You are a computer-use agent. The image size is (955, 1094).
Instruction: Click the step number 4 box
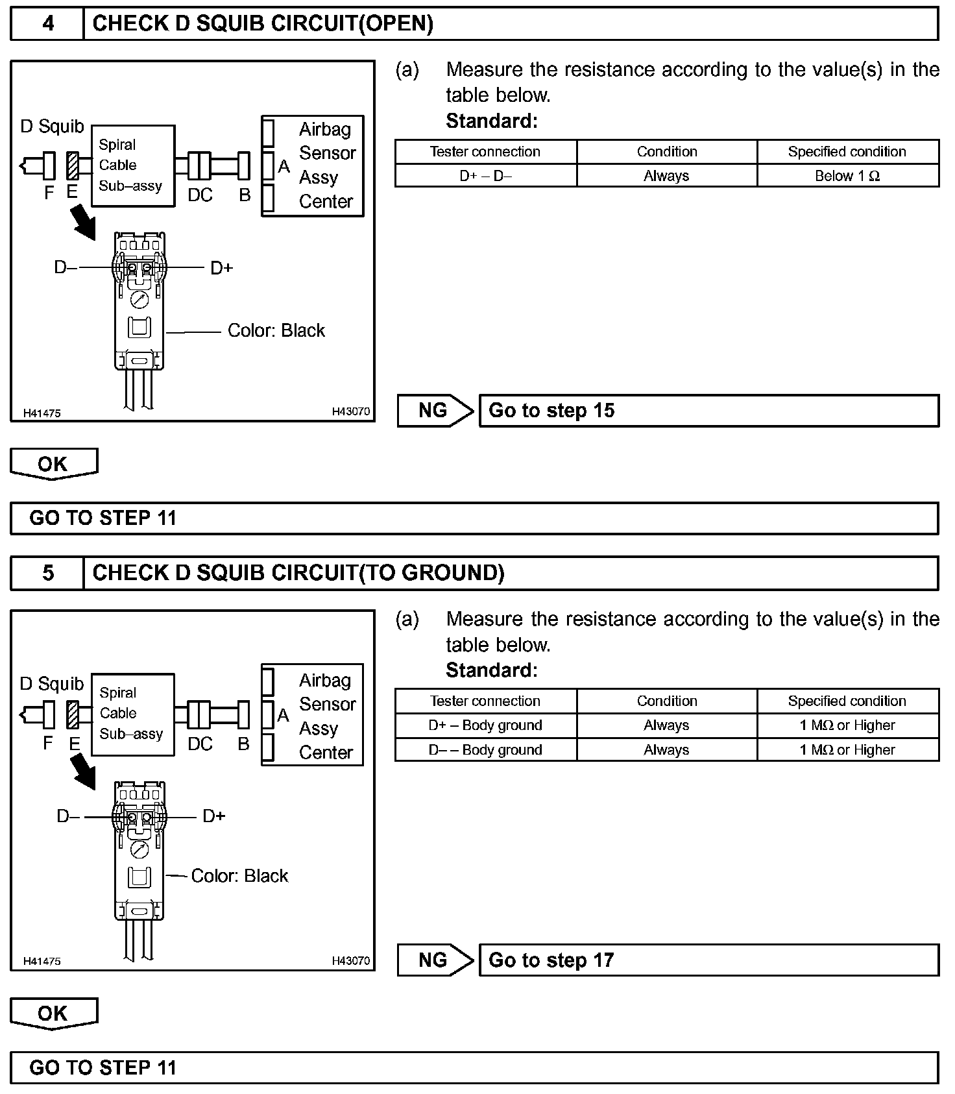click(x=47, y=24)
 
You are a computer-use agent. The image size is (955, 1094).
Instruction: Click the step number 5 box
click(x=47, y=573)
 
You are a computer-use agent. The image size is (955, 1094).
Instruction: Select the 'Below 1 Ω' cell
click(x=847, y=176)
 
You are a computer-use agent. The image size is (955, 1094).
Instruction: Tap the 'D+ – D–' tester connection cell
click(x=485, y=176)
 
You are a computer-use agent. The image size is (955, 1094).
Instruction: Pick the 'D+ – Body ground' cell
click(x=485, y=725)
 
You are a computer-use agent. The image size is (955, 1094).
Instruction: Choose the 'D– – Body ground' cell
click(x=485, y=750)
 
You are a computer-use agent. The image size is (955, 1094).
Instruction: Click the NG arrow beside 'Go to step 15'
click(x=435, y=411)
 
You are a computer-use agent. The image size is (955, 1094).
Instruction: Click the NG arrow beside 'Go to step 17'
click(x=435, y=960)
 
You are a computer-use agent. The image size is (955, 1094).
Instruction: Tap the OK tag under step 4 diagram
click(x=53, y=464)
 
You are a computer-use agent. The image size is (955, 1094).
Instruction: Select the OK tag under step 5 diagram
click(x=53, y=1014)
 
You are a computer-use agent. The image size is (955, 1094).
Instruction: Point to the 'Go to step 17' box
click(x=708, y=960)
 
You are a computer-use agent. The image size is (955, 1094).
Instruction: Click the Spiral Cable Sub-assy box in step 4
click(x=133, y=165)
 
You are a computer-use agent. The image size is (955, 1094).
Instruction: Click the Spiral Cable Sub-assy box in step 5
click(x=133, y=714)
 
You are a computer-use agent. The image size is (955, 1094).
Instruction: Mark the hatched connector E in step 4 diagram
click(x=72, y=165)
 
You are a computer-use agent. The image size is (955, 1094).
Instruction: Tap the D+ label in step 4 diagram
click(x=222, y=268)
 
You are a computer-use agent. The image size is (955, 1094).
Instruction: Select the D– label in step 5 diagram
click(x=68, y=816)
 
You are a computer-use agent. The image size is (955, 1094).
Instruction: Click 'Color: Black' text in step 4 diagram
click(x=276, y=331)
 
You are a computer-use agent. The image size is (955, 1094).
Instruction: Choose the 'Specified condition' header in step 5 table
click(x=847, y=701)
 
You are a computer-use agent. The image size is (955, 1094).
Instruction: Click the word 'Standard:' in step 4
click(x=492, y=121)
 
